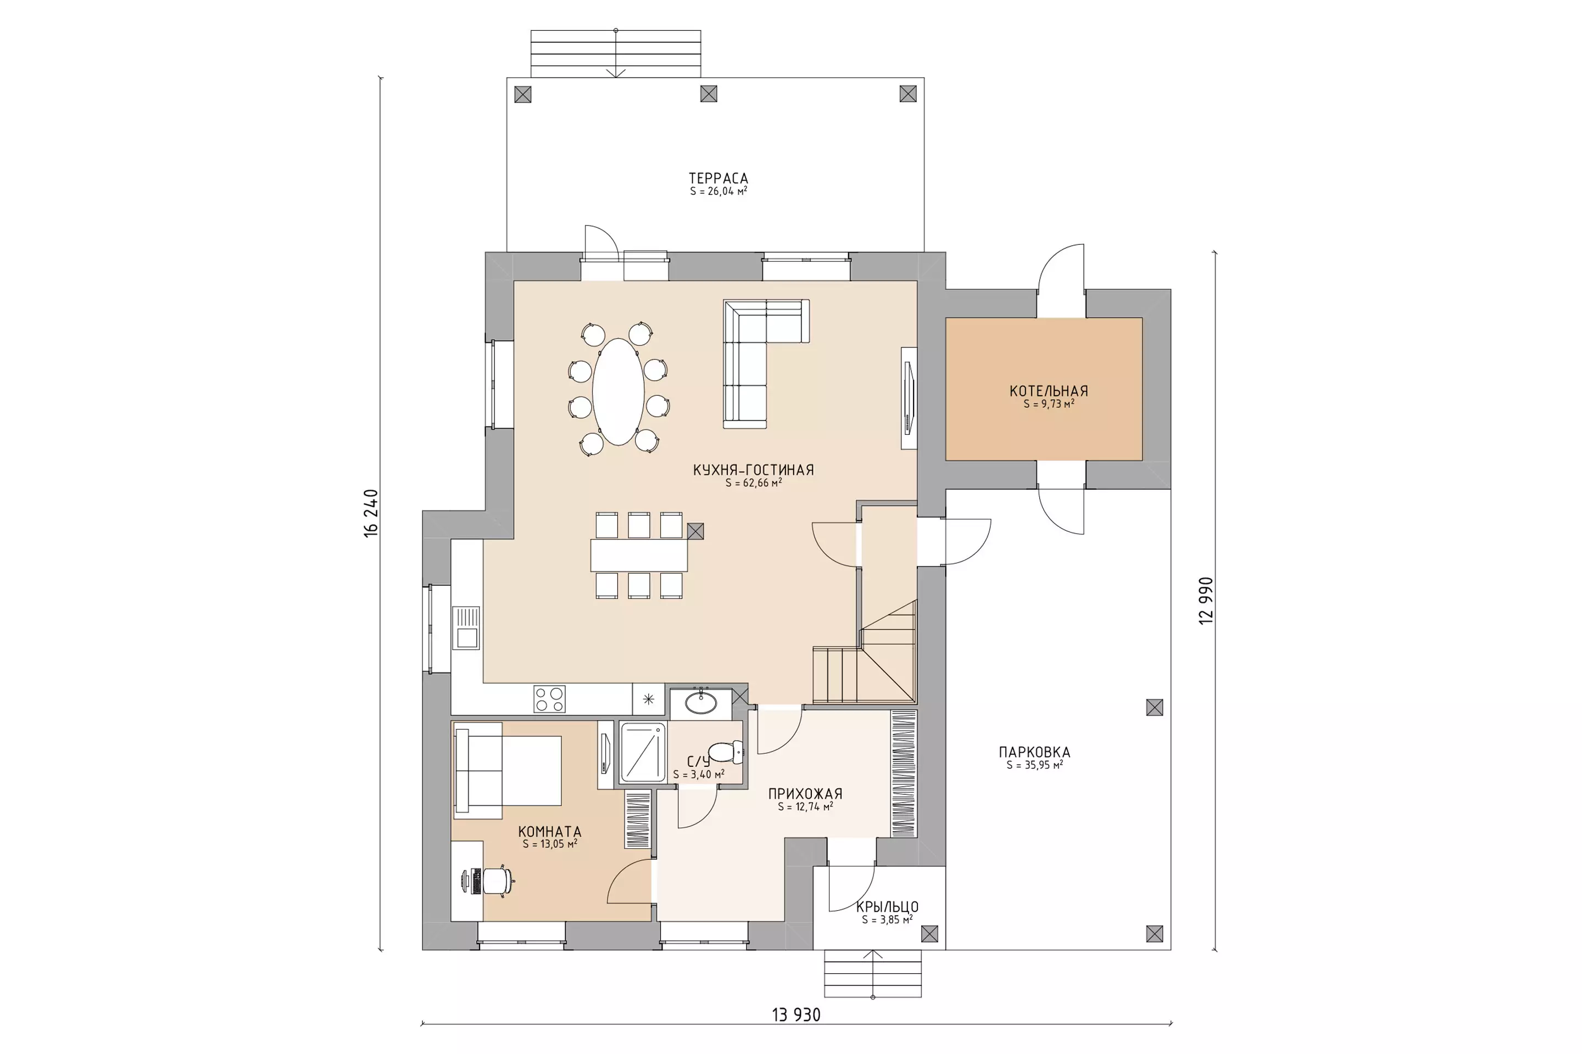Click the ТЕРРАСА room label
click(718, 178)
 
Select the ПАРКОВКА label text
click(1034, 752)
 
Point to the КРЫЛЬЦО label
click(887, 907)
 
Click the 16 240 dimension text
click(371, 513)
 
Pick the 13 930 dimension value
click(796, 1015)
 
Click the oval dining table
click(618, 392)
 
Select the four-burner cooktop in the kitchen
click(549, 699)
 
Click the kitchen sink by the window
click(465, 628)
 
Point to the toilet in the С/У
click(726, 752)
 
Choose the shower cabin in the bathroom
click(642, 753)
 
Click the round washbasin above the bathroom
click(701, 703)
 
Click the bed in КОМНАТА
click(508, 770)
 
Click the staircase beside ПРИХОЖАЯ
click(864, 653)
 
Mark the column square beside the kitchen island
click(695, 531)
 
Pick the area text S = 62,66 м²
click(753, 483)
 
